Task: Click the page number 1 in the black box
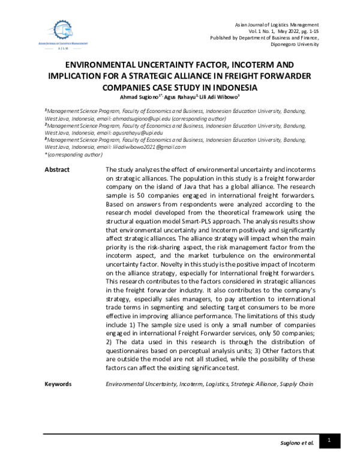[x=329, y=441]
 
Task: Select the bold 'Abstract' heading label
[x=58, y=170]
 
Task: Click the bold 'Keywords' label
[x=59, y=384]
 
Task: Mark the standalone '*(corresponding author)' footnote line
[x=74, y=155]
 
